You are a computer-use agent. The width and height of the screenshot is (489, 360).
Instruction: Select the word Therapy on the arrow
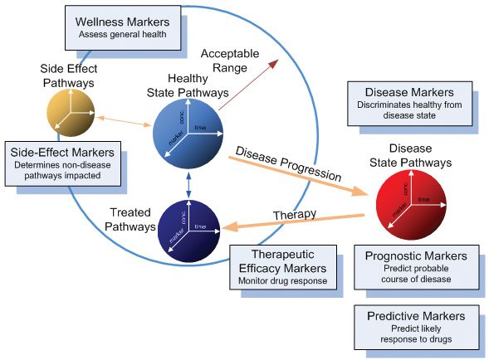(x=296, y=214)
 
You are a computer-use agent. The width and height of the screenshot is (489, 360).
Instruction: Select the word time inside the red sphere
(x=423, y=200)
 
